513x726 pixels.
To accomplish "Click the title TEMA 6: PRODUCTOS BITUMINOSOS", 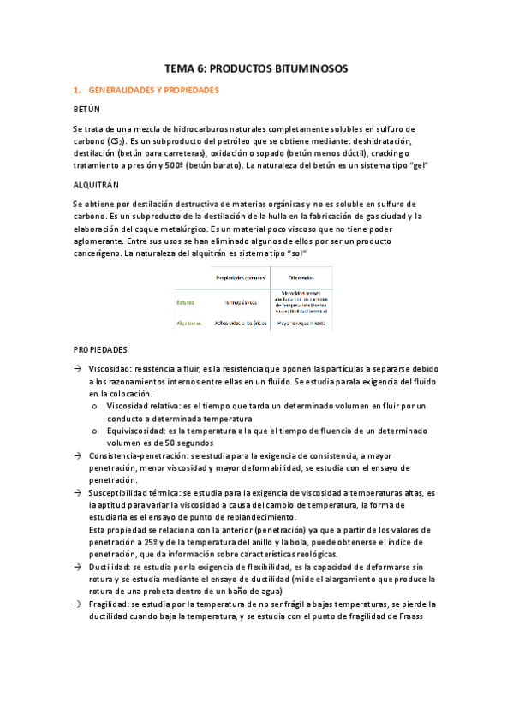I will click(x=256, y=68).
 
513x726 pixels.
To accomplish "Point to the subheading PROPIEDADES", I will click(x=100, y=349).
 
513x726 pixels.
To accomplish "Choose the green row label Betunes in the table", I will click(x=187, y=302).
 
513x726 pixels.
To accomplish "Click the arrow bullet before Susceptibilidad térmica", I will click(x=78, y=493).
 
